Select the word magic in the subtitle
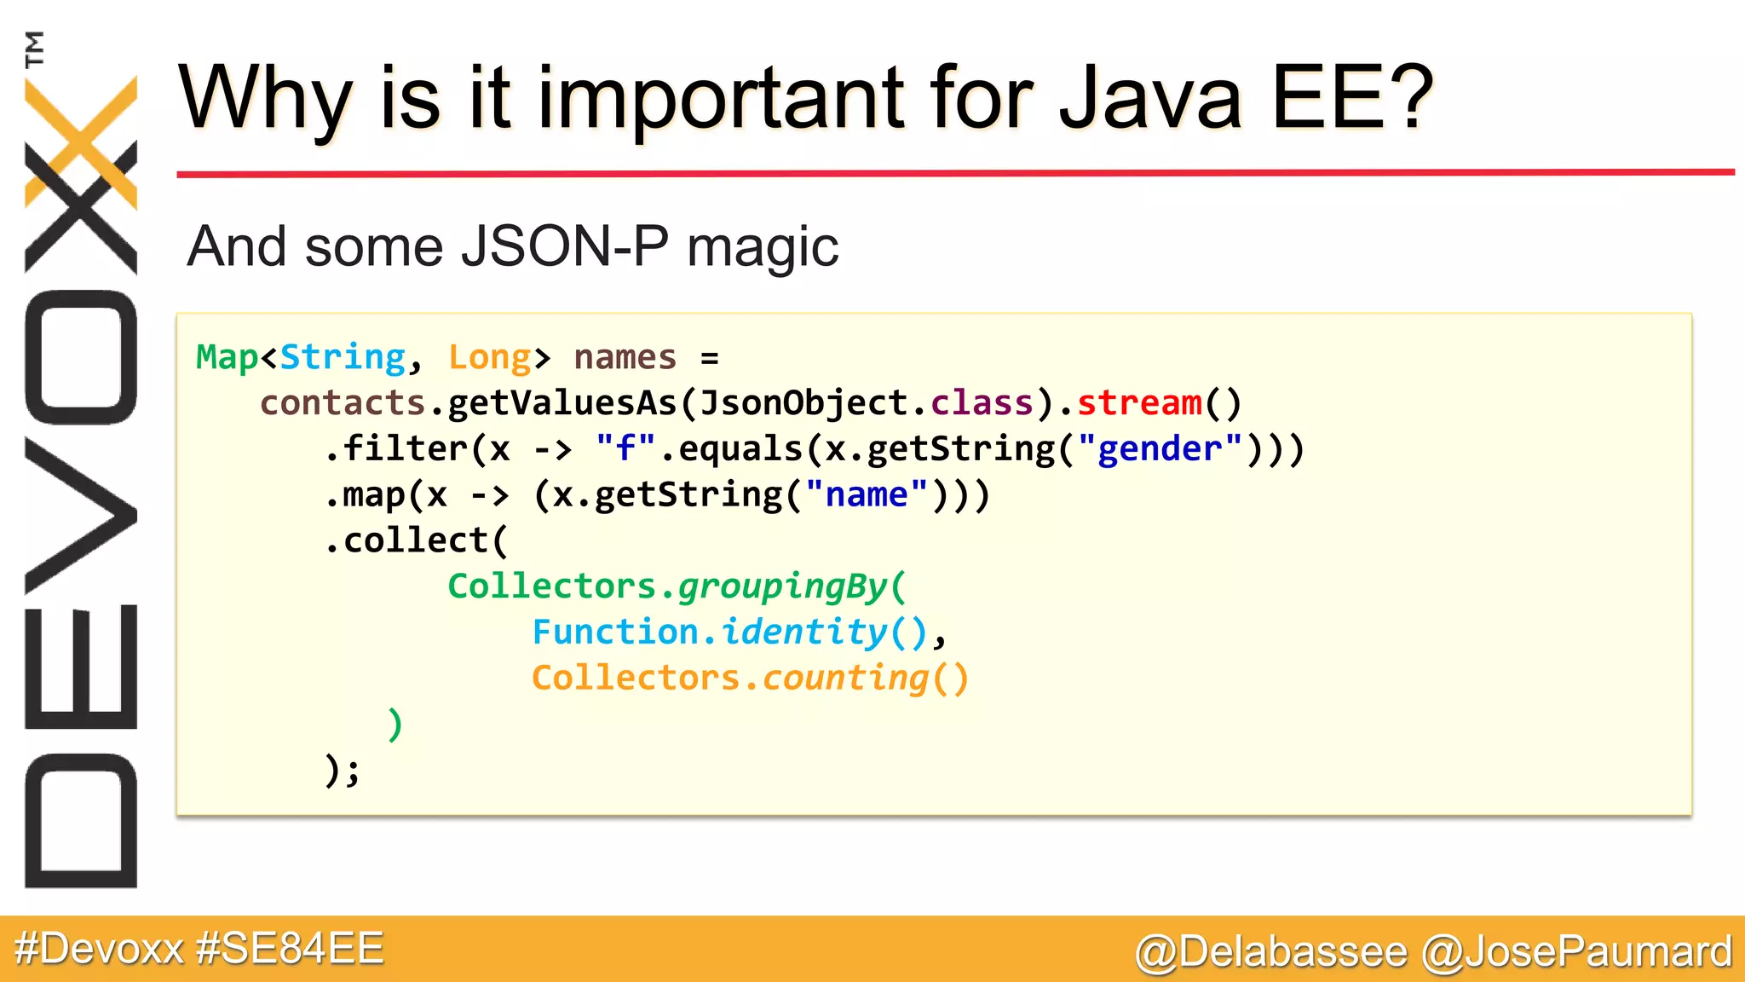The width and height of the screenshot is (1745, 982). (763, 247)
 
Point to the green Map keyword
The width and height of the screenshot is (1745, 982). (227, 357)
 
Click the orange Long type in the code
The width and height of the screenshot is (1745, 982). (489, 357)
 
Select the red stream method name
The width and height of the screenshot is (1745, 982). (1139, 403)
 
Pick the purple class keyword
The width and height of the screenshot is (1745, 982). (982, 403)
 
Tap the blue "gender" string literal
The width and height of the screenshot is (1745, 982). (1160, 449)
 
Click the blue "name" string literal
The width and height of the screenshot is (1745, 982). (867, 495)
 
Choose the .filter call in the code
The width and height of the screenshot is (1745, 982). (395, 449)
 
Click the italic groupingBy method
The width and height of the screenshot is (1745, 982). (782, 587)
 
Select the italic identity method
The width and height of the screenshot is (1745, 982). (803, 633)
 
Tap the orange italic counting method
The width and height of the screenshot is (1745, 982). (844, 679)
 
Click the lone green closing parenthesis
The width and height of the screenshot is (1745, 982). (394, 725)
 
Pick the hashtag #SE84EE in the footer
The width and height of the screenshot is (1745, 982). (290, 949)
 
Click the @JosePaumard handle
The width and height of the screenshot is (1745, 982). (1577, 951)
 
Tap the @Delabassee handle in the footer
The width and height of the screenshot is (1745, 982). (1271, 951)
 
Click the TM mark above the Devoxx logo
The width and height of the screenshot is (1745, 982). (34, 49)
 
